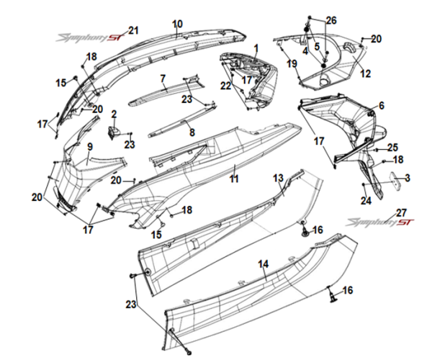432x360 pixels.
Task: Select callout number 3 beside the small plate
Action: [408, 178]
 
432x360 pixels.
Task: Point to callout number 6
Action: [382, 106]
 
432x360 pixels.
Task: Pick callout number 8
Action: [192, 132]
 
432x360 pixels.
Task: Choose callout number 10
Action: [177, 24]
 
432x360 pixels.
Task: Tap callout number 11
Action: [233, 176]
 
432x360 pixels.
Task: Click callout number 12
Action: [365, 73]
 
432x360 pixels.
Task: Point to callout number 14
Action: [264, 264]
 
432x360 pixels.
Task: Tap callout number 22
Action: [225, 86]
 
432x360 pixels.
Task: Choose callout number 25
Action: [392, 147]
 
